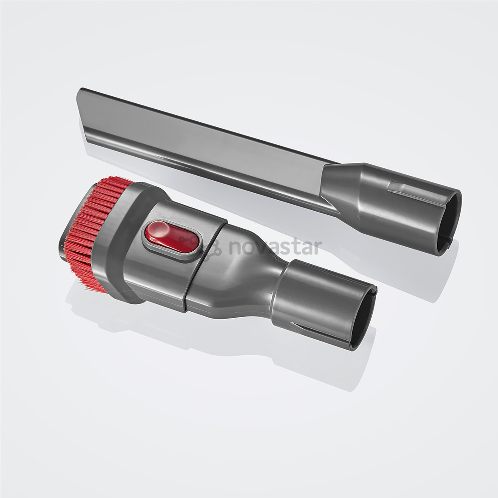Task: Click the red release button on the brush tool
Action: [172, 237]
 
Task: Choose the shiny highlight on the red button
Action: [159, 231]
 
